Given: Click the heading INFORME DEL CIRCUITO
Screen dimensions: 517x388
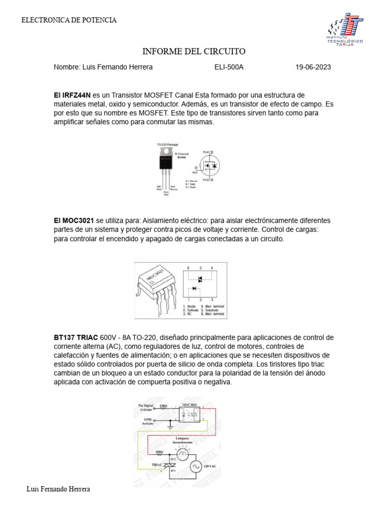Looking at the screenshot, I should [194, 51].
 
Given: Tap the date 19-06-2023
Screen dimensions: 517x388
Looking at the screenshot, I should [313, 67].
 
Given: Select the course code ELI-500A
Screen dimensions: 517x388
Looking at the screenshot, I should [229, 67].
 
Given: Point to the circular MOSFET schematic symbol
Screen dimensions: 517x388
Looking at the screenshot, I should [210, 165].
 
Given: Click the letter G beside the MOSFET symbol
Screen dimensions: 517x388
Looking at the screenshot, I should [196, 166].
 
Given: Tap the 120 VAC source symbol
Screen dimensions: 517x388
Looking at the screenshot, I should [195, 467].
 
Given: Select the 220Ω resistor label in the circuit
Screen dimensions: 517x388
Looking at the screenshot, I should [163, 405].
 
